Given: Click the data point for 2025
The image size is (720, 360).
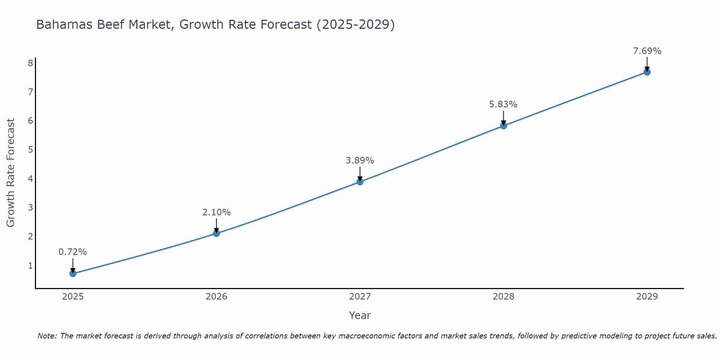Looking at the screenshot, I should [73, 273].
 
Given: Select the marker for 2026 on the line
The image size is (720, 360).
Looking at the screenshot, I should [216, 233].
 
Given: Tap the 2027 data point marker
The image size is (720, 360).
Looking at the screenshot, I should [360, 182].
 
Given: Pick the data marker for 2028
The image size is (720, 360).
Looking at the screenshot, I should [503, 126].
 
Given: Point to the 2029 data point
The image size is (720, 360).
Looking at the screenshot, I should [647, 72].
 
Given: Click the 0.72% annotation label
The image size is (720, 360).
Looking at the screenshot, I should [73, 252].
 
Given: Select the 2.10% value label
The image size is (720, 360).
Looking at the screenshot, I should [216, 212].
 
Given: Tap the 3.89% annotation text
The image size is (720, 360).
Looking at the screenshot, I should [360, 161].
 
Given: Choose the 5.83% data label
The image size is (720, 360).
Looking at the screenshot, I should [503, 104].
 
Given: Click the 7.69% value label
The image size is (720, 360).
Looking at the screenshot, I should [647, 51].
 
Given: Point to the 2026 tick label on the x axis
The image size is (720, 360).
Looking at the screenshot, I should [216, 297].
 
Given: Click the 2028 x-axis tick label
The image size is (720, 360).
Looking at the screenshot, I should [503, 297].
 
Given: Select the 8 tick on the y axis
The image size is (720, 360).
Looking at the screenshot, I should [30, 63].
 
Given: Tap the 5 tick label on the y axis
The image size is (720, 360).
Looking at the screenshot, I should [30, 149].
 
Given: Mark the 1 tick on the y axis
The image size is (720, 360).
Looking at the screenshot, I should [30, 265].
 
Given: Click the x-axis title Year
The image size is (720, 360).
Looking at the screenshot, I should [360, 315].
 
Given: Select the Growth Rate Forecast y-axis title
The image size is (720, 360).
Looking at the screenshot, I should [11, 172].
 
